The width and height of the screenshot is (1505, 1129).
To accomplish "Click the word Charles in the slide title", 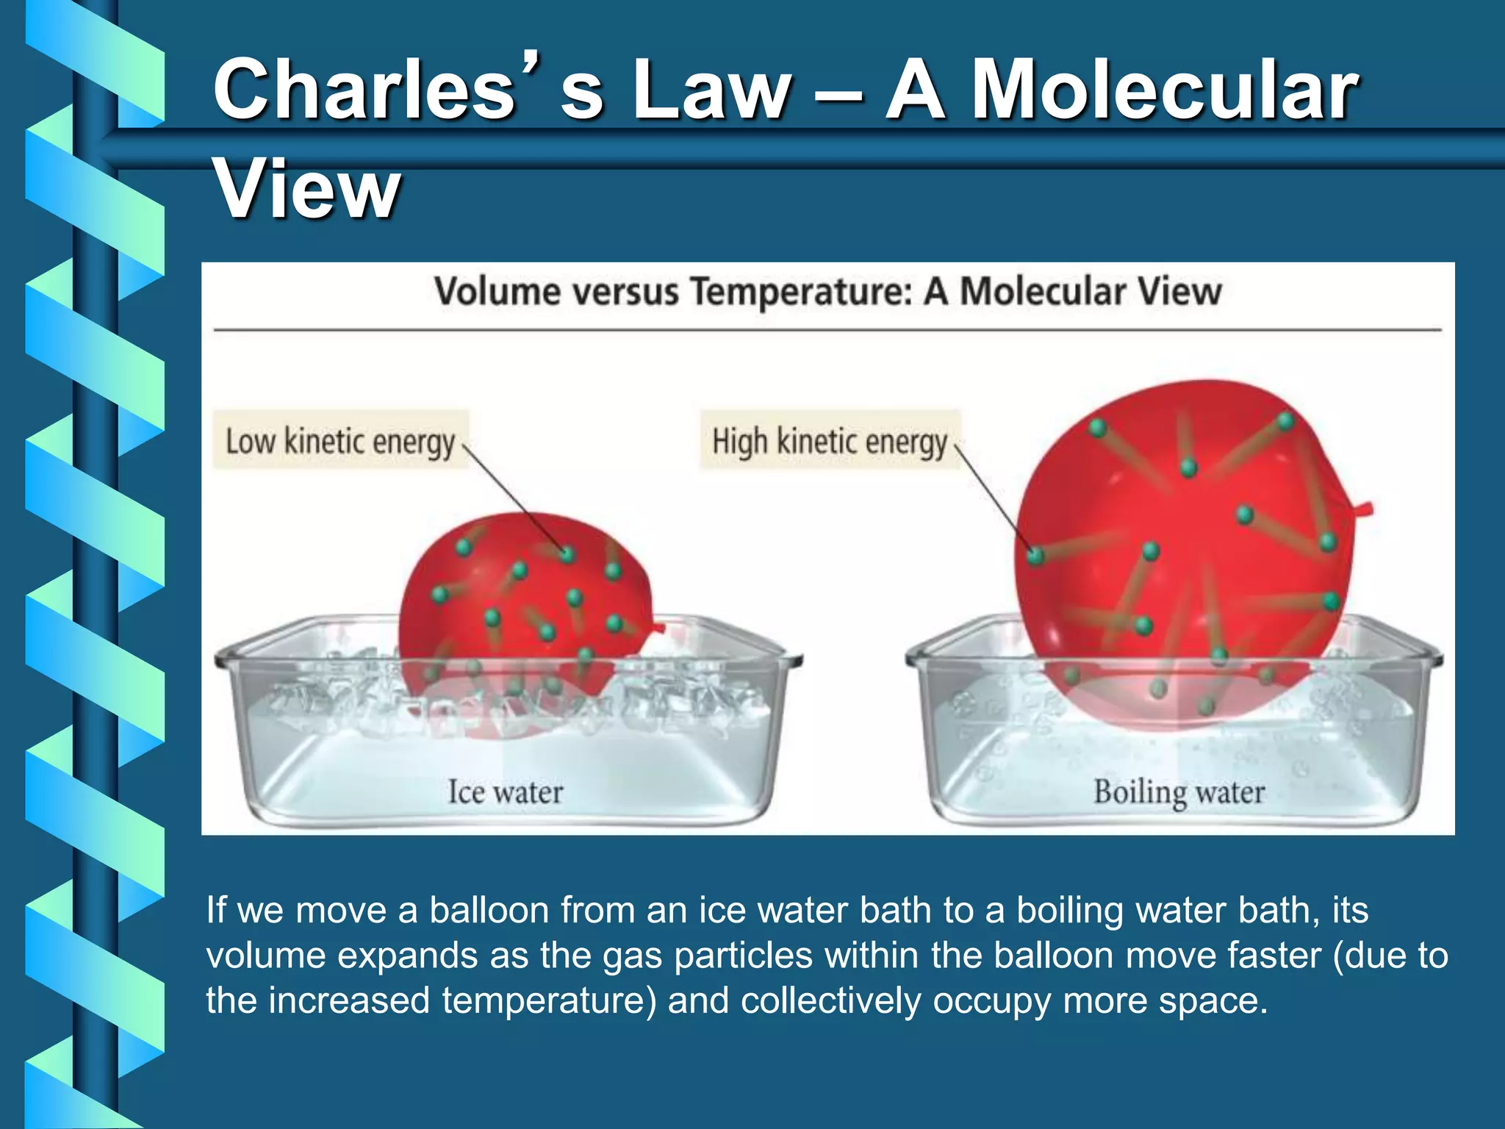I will click(364, 90).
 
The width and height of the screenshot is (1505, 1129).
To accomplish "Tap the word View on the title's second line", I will click(306, 190).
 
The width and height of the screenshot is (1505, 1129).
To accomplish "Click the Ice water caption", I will click(506, 792).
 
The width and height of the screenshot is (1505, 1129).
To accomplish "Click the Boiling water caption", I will click(1179, 792).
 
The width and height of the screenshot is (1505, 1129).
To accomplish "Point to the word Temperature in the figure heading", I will click(800, 291).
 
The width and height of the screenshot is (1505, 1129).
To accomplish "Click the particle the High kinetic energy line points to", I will click(1035, 556).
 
